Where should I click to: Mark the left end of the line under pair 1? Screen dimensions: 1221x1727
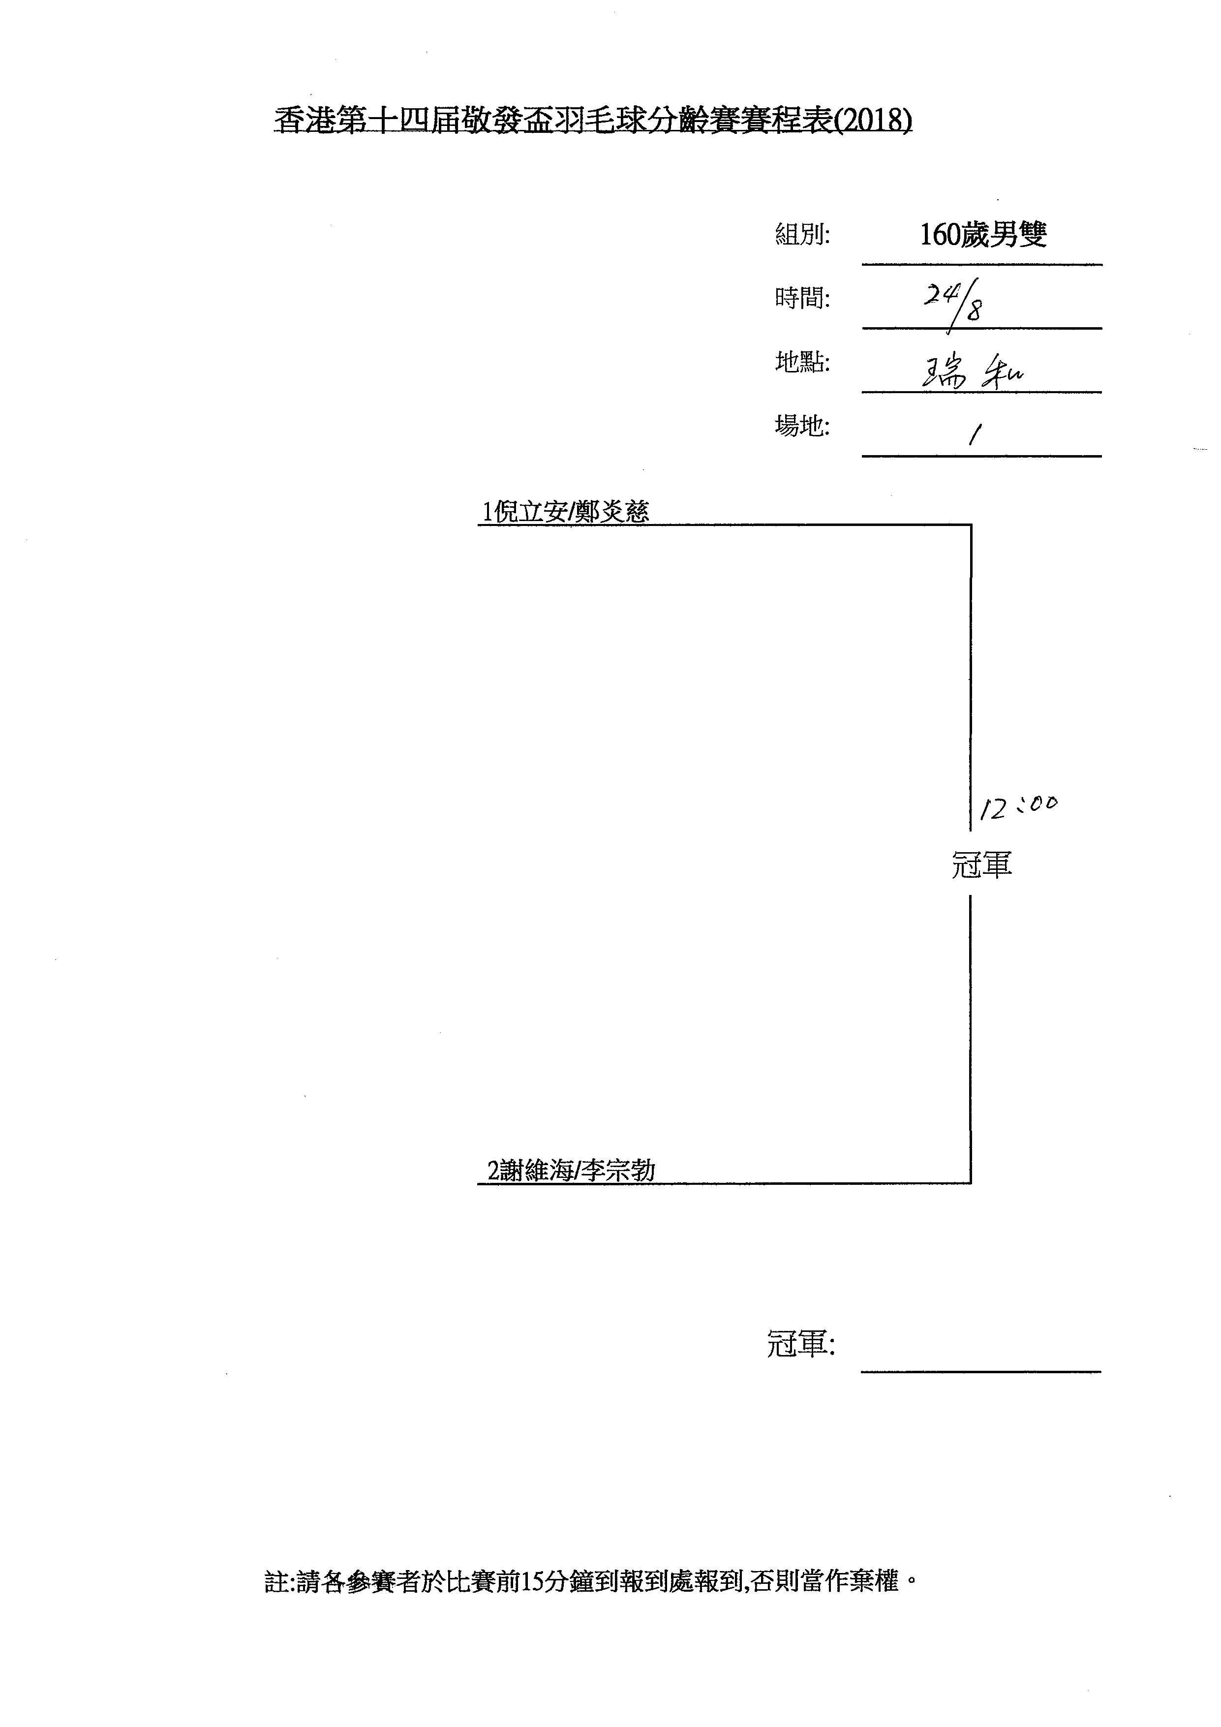478,525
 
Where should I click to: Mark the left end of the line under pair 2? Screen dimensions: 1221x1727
478,1183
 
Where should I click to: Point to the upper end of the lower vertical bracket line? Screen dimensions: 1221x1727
971,896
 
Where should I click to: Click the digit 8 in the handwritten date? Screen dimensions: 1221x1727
975,310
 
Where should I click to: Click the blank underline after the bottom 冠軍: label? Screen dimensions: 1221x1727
981,1372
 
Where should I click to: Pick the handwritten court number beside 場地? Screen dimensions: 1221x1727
975,433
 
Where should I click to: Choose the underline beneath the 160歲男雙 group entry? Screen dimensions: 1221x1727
982,265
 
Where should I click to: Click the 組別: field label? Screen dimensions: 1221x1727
802,235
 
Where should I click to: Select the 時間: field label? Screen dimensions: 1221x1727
802,299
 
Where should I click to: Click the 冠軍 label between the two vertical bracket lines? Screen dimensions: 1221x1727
982,864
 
